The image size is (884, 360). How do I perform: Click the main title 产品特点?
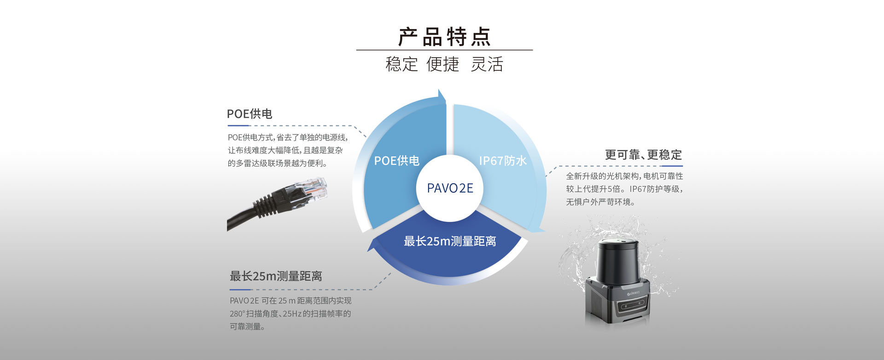[444, 37]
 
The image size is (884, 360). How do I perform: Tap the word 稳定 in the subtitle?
[401, 64]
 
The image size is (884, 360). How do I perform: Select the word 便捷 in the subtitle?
[443, 64]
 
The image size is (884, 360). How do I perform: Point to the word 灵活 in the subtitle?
[487, 64]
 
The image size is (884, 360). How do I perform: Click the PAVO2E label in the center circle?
[450, 188]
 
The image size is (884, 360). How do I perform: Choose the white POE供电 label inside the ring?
[397, 161]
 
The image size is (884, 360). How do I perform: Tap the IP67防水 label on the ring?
[503, 161]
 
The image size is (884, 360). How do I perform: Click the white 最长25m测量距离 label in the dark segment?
[450, 241]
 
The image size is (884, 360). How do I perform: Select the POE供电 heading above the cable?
[250, 114]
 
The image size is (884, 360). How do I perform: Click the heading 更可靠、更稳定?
[643, 155]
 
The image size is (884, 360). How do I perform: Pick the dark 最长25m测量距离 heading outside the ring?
[276, 276]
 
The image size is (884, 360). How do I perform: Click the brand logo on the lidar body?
[637, 291]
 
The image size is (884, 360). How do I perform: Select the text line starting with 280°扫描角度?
[290, 314]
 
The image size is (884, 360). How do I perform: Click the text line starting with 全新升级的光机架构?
[624, 176]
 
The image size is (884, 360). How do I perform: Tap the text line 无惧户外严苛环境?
[600, 202]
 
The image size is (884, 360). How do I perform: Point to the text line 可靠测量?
[247, 326]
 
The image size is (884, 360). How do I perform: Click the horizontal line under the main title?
[444, 50]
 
